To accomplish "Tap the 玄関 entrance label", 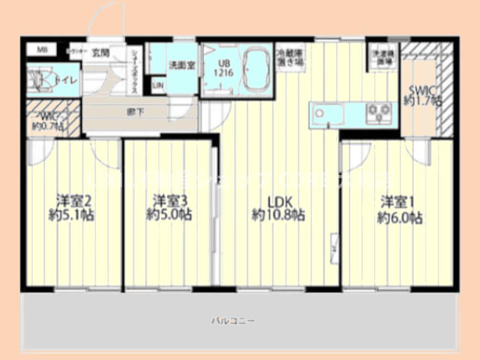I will click(x=100, y=53).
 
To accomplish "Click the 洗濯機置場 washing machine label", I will click(x=382, y=58).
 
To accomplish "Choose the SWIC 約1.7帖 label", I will click(x=423, y=95).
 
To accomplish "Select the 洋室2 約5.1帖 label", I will click(x=71, y=208).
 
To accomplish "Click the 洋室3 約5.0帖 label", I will click(x=169, y=208).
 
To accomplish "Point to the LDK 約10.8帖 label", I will click(x=278, y=208).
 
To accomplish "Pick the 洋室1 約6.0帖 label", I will click(x=399, y=209).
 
